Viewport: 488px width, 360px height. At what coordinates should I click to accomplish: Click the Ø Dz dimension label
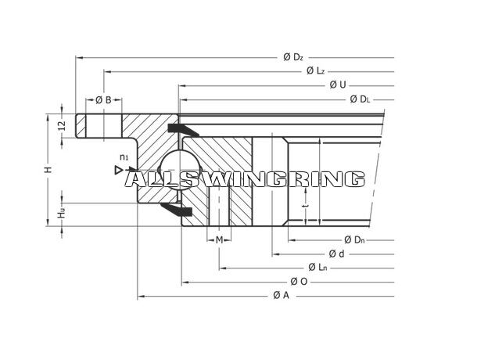[x=293, y=57]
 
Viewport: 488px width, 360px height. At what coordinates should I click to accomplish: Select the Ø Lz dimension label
[x=316, y=71]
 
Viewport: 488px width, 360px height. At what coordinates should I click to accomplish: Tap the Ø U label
[x=338, y=85]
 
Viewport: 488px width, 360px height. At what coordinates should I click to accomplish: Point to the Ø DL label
[x=360, y=99]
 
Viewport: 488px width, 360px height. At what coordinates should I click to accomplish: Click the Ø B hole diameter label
[x=103, y=100]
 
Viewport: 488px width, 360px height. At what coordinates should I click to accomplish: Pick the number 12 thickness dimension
[x=63, y=125]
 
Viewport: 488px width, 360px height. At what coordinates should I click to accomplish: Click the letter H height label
[x=48, y=170]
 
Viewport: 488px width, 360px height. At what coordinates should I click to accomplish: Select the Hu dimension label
[x=62, y=213]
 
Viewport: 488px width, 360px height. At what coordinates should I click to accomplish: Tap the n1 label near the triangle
[x=124, y=157]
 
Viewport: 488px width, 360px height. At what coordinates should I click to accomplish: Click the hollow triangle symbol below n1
[x=118, y=170]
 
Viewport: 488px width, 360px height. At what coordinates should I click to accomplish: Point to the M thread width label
[x=220, y=239]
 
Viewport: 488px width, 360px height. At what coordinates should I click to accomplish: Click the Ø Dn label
[x=354, y=239]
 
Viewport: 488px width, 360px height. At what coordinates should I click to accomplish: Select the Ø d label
[x=337, y=254]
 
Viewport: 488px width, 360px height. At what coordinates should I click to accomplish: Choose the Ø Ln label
[x=318, y=267]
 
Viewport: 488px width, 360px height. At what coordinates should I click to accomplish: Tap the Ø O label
[x=299, y=282]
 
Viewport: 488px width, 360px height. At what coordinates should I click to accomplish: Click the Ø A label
[x=281, y=295]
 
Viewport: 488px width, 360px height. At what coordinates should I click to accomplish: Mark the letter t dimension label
[x=307, y=206]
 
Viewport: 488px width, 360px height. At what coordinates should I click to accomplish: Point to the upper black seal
[x=183, y=129]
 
